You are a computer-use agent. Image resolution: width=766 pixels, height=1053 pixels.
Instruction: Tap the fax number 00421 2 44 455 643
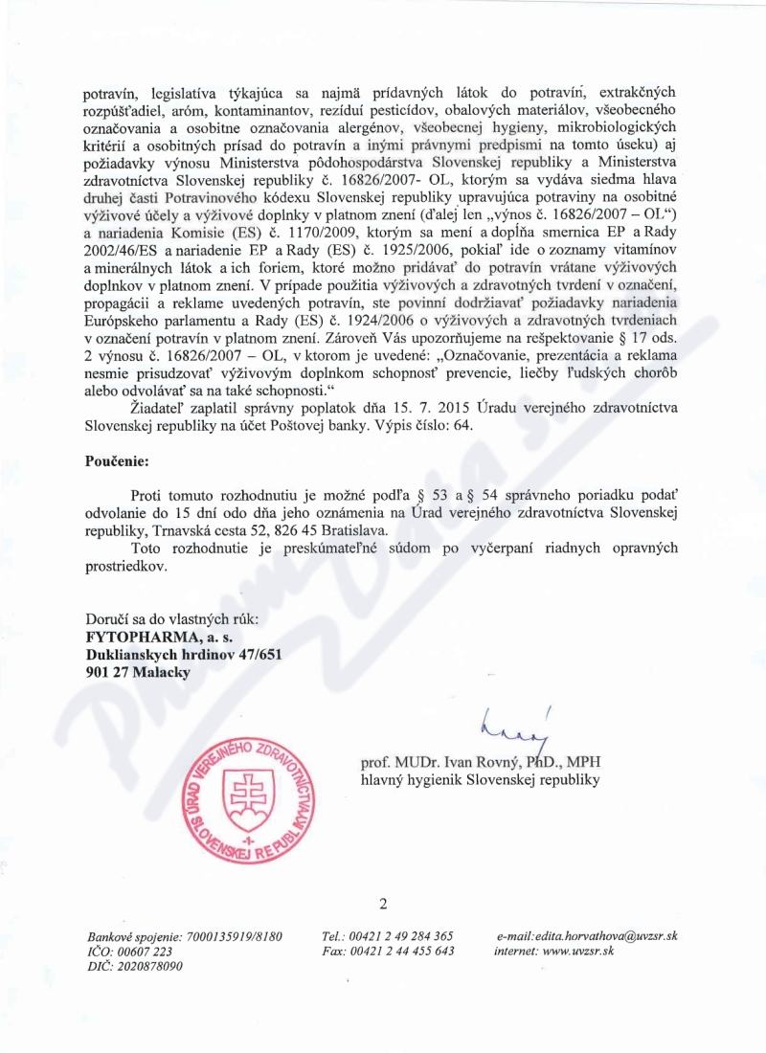(403, 952)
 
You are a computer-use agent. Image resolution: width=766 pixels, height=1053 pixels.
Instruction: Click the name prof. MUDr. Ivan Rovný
(440, 762)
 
